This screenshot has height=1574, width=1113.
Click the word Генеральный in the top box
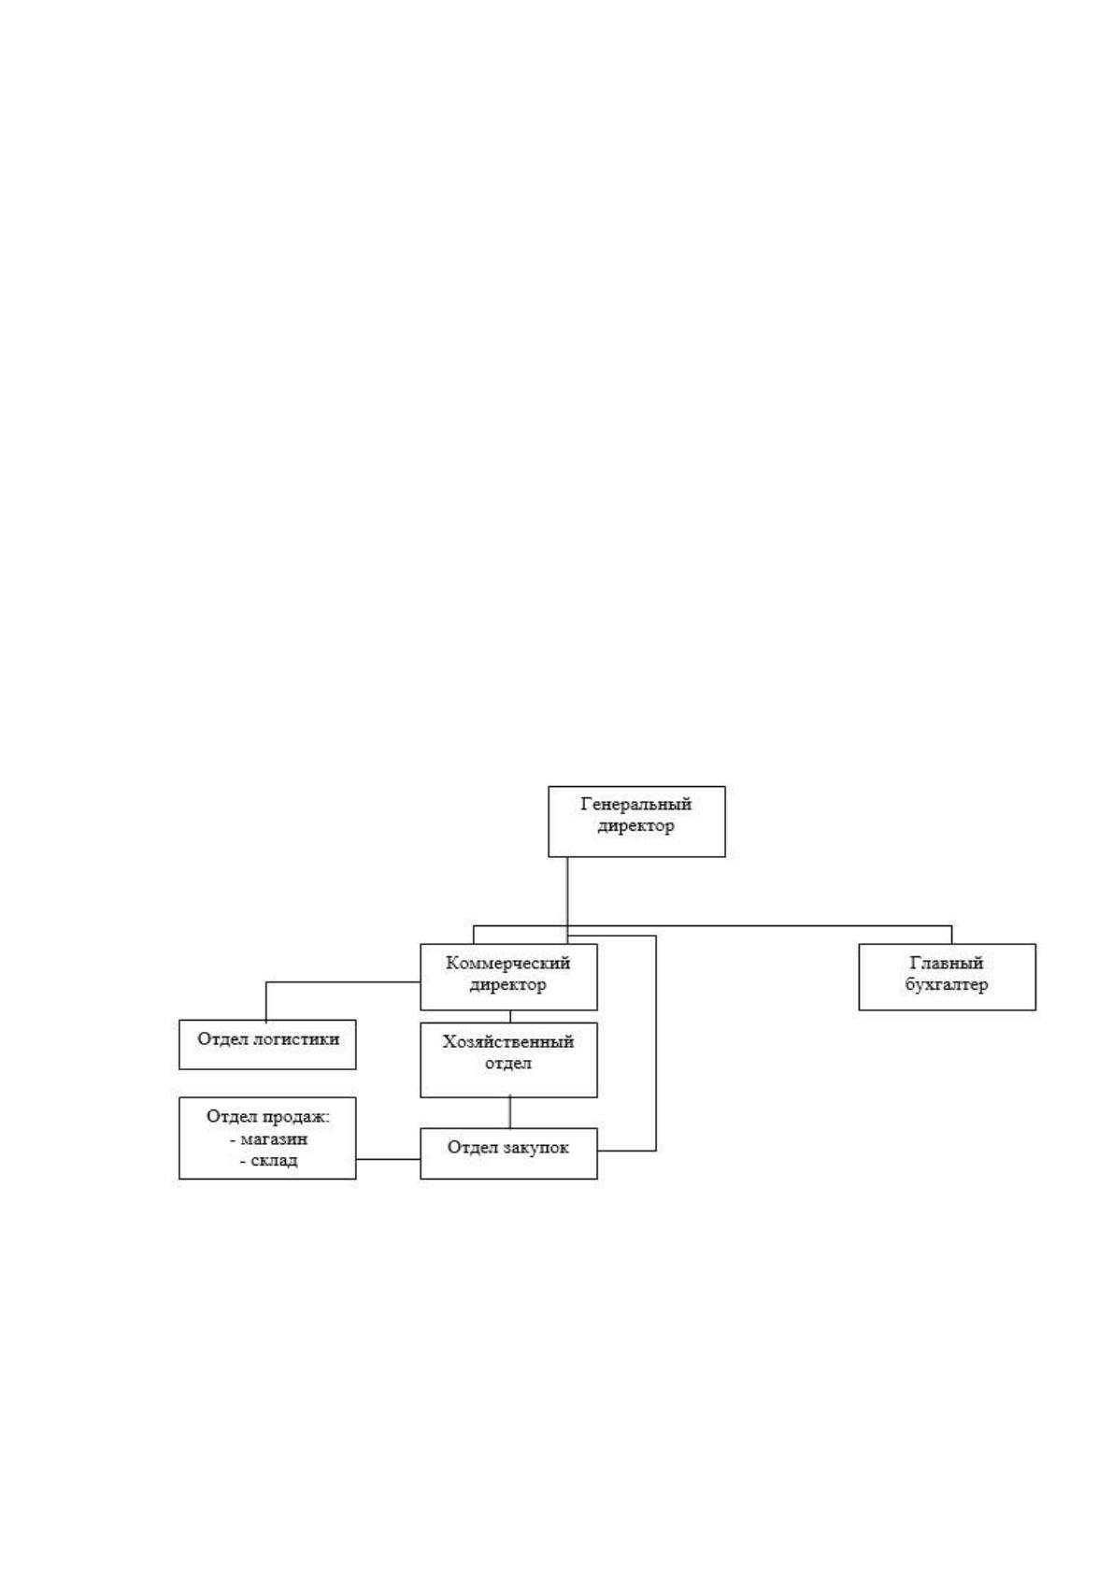click(x=635, y=803)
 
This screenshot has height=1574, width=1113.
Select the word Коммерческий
click(x=508, y=963)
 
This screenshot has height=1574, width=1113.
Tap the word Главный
click(x=947, y=963)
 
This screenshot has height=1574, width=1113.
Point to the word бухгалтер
click(x=947, y=984)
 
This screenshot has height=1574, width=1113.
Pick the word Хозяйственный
click(x=508, y=1041)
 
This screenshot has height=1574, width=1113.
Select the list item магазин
click(x=274, y=1138)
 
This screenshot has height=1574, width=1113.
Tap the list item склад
click(x=274, y=1160)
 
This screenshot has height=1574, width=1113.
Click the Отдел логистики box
click(x=267, y=1045)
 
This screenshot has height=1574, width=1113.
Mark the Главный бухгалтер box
click(x=948, y=977)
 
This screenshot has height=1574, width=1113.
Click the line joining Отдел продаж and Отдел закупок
click(x=388, y=1159)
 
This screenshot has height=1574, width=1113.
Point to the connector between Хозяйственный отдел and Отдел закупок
click(x=510, y=1112)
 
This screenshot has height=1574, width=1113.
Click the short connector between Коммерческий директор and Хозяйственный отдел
click(x=510, y=1017)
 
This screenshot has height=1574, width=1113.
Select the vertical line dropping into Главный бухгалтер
click(x=952, y=936)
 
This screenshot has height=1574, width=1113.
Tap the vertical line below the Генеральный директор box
click(x=568, y=899)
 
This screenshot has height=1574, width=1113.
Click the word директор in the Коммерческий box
click(x=508, y=984)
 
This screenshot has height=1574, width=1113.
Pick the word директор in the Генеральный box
click(x=635, y=825)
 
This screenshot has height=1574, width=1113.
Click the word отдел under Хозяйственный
click(x=508, y=1063)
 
